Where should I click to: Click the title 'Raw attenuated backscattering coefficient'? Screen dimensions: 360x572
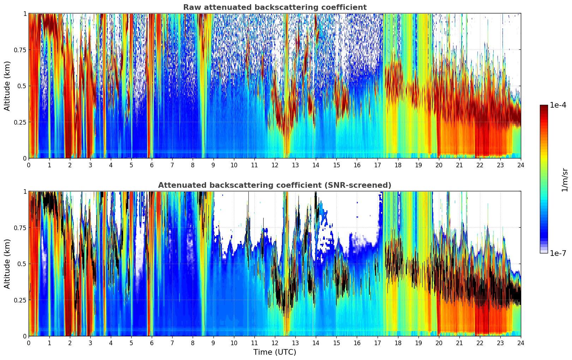pos(275,7)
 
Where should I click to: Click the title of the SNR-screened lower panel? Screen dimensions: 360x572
pos(275,185)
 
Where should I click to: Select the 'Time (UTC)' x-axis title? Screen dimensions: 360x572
pos(275,352)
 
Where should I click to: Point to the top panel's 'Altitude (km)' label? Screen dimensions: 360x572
pos(7,86)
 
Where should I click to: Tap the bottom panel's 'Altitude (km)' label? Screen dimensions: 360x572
pos(7,264)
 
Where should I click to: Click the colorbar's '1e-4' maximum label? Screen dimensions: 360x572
pos(558,105)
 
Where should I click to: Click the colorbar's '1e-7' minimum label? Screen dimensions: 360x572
pos(558,253)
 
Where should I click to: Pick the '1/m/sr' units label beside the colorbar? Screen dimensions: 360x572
pos(565,180)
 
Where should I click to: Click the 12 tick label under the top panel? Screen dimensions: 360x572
pos(275,165)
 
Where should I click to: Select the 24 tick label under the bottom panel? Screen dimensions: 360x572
pos(521,343)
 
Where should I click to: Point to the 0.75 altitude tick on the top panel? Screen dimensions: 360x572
pos(20,50)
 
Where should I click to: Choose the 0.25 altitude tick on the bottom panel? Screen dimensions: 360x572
pos(20,300)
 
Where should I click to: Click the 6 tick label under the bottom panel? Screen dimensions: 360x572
pos(152,343)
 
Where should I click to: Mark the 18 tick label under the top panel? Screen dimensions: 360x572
pos(398,165)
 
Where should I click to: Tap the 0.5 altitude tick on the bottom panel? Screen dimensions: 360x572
pos(22,264)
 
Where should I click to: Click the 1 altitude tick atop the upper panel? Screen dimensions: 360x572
pos(25,13)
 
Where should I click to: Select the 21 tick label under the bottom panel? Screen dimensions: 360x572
pos(459,343)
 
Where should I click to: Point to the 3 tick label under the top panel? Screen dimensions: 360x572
pos(90,165)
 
